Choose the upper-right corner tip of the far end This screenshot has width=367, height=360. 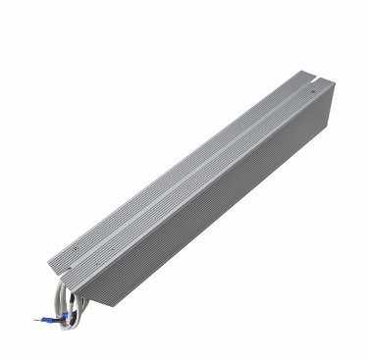point(335,87)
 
